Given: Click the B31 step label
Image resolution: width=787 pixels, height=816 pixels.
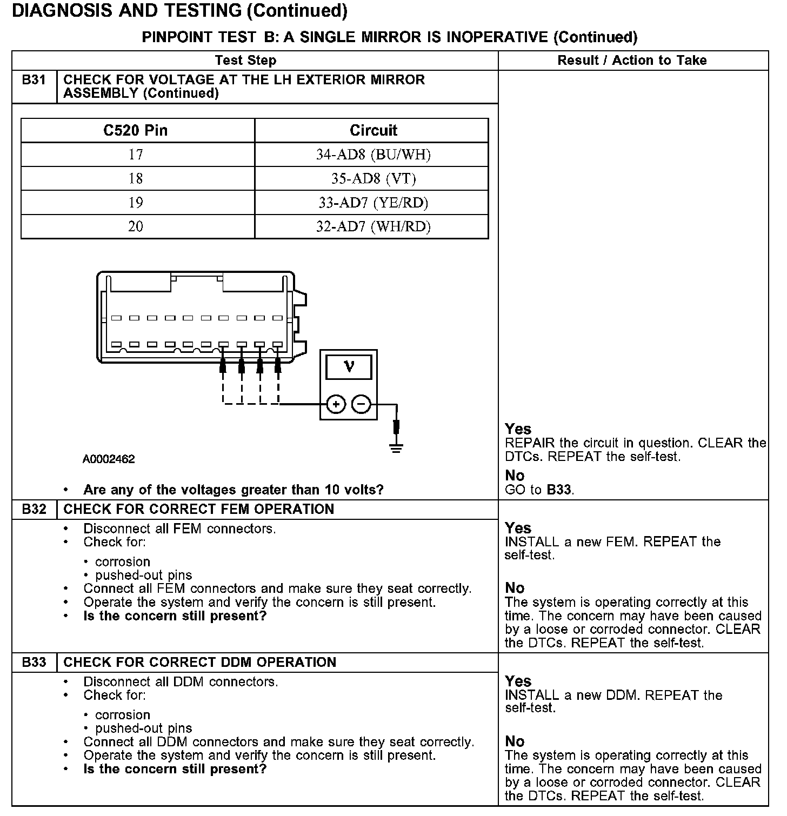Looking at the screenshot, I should pos(34,80).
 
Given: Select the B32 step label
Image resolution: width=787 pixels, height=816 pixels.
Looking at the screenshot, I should pos(34,509).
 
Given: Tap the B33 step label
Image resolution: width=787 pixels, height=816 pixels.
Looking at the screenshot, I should pos(34,662).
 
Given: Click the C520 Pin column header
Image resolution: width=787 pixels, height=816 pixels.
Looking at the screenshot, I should pos(136,130).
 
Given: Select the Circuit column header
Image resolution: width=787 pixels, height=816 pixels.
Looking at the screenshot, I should pos(373,130).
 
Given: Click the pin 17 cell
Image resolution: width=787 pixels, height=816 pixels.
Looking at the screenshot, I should pos(136,155).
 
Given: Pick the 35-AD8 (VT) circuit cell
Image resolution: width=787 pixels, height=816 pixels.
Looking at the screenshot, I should pos(373,179).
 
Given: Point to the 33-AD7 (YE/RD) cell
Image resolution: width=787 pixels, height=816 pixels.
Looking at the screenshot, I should pos(373,203).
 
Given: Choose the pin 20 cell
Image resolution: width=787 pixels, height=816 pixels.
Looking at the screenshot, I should pos(136,226).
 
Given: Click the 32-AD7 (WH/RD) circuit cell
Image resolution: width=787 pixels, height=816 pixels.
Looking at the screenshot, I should pos(373,226).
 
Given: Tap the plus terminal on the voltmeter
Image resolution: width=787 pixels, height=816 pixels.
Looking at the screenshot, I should pos(336,404).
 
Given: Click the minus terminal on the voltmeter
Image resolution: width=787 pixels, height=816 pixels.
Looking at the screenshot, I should pos(362,404).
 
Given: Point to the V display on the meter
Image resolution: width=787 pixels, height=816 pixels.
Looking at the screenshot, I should pos(349,367).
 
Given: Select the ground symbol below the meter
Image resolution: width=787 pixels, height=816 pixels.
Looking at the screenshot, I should pos(396,447).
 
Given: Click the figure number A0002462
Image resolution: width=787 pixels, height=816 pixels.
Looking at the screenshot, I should pos(109,459).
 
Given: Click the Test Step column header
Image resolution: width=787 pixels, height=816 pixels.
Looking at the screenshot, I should pos(245,61).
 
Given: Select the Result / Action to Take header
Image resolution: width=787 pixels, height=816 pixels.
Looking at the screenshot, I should pos(632,61).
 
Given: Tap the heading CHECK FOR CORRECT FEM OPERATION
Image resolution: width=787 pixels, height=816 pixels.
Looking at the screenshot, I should pos(199,509).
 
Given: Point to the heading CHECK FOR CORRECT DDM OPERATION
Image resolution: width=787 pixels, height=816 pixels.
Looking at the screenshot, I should pos(200,662).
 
